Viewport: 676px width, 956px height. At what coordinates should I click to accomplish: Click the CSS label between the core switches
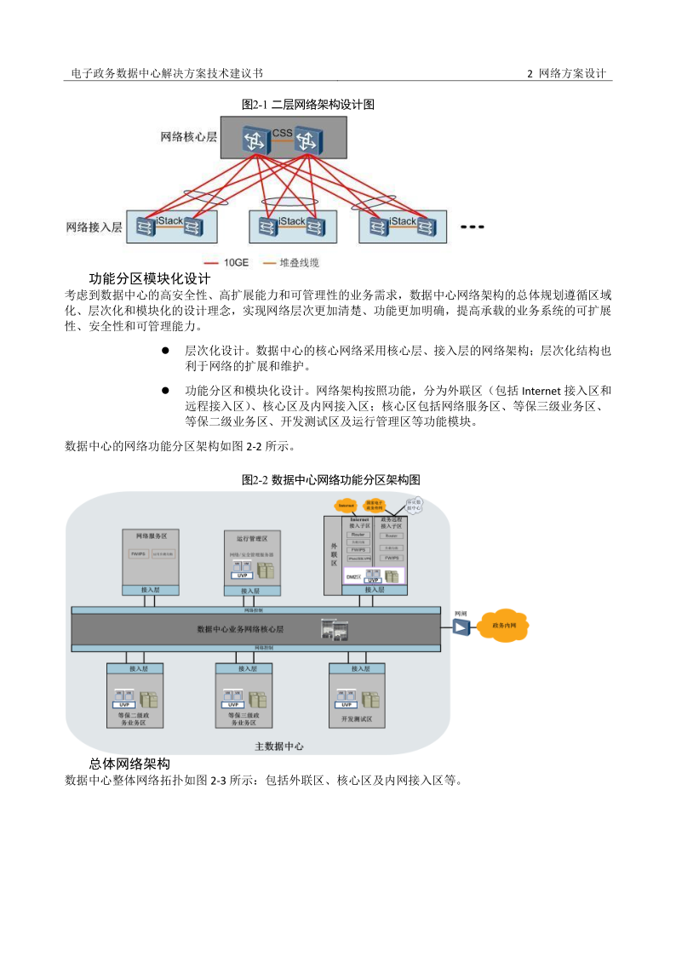282,133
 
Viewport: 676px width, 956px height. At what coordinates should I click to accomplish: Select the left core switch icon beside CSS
254,141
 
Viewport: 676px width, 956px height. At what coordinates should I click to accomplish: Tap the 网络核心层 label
188,136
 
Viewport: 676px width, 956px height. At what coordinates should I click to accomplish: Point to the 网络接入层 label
95,227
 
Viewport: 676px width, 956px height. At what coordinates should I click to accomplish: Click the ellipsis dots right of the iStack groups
471,227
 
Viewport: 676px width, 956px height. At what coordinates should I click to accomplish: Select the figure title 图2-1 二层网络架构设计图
308,105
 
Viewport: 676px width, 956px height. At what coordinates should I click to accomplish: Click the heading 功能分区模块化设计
150,278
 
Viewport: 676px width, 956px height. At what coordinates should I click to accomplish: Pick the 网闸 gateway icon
461,627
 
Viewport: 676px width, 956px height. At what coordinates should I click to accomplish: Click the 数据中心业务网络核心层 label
240,629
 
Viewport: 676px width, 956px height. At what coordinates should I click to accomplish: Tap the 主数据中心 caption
279,746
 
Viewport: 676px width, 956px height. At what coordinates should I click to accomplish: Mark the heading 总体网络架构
129,764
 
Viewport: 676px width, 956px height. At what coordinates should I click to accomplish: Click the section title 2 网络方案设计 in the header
566,74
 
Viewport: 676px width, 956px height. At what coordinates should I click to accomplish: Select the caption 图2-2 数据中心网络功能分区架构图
330,480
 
